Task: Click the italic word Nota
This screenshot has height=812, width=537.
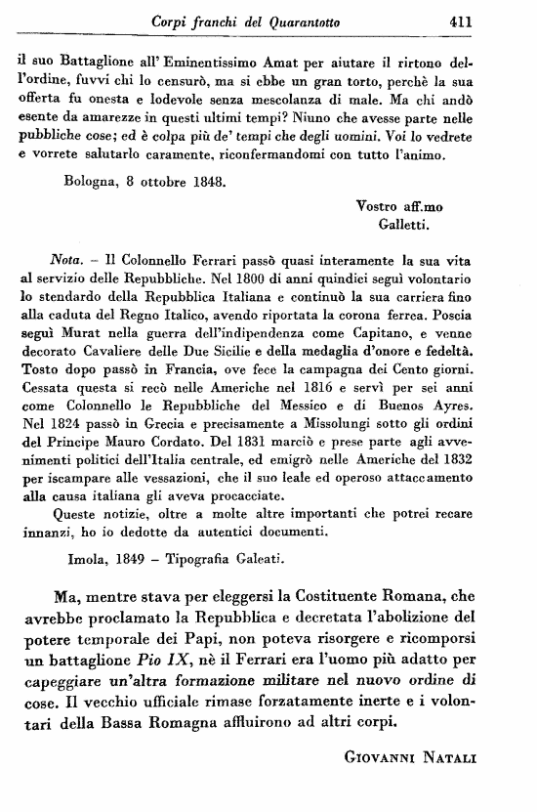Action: point(66,262)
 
